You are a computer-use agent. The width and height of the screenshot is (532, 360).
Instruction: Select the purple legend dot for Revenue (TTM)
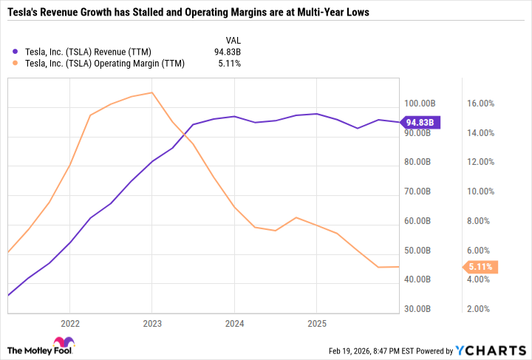pyautogui.click(x=16, y=52)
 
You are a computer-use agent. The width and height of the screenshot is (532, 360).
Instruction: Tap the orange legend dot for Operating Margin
pyautogui.click(x=16, y=64)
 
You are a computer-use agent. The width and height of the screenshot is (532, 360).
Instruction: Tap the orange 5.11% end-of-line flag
pyautogui.click(x=480, y=267)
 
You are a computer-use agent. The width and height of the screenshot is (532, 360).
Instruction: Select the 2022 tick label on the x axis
pyautogui.click(x=69, y=323)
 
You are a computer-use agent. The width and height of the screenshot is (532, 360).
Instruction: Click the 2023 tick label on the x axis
pyautogui.click(x=151, y=323)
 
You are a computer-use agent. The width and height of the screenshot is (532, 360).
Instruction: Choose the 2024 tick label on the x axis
pyautogui.click(x=234, y=323)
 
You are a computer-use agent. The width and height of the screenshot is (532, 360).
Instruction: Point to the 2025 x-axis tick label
pyautogui.click(x=316, y=323)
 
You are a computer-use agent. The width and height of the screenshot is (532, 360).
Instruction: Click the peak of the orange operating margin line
pyautogui.click(x=151, y=92)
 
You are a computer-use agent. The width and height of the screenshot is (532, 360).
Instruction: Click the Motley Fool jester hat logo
pyautogui.click(x=68, y=342)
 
